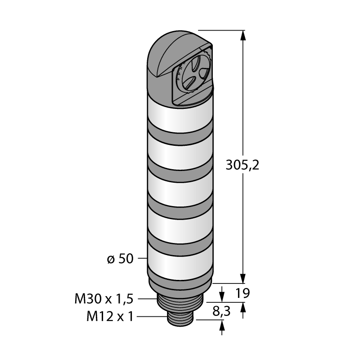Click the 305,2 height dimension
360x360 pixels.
tap(243, 165)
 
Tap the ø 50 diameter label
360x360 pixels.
tap(120, 259)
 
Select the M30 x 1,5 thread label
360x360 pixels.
tap(104, 299)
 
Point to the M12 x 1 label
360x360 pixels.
tap(110, 316)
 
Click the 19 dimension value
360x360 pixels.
tap(243, 293)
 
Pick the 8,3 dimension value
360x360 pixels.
tap(221, 311)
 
